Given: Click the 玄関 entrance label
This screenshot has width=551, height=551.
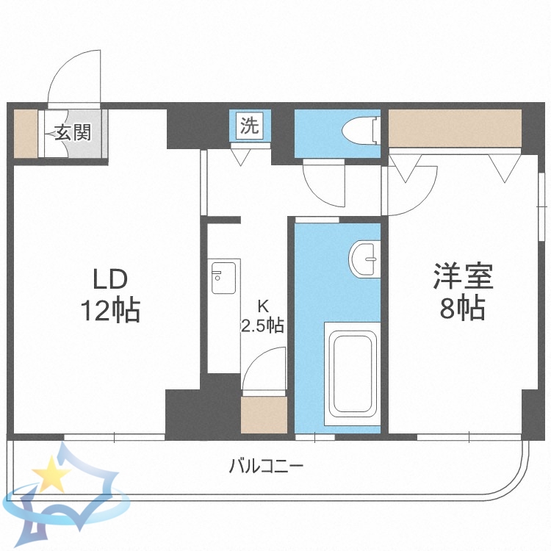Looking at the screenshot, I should (x=72, y=133).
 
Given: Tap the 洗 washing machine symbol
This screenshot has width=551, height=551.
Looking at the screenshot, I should (x=251, y=125).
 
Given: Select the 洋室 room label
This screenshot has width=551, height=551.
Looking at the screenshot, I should (x=462, y=278).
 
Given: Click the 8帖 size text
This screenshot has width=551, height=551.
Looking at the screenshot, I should (x=462, y=309).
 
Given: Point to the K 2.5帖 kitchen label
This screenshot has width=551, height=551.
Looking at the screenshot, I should (x=262, y=317).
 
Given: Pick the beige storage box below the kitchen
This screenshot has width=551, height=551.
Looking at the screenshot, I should (x=263, y=414).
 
